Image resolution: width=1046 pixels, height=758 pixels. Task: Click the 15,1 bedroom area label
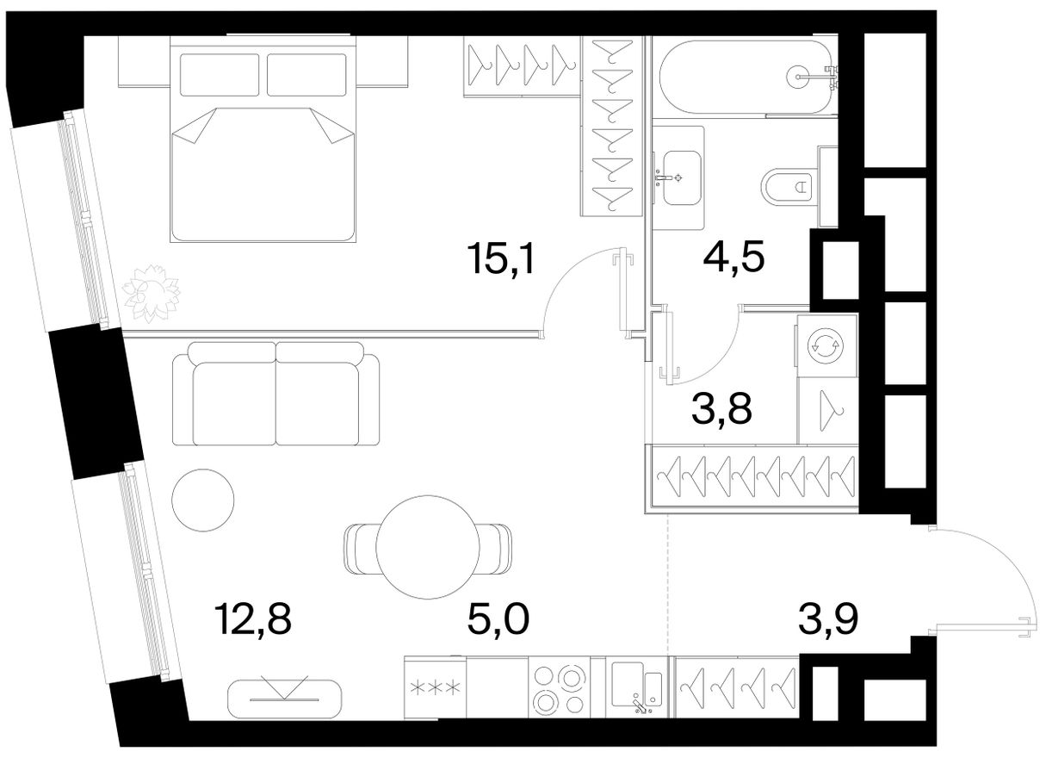point(503,260)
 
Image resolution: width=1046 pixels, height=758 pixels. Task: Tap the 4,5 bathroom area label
point(733,257)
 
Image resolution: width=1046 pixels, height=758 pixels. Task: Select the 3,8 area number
point(721,408)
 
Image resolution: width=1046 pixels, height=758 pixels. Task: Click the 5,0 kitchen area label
point(498,618)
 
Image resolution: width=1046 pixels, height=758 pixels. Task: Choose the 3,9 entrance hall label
point(828,618)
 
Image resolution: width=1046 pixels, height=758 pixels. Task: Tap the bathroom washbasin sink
point(682,177)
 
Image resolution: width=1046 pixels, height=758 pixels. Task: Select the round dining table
point(428,547)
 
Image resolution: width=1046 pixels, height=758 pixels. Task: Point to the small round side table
point(203,500)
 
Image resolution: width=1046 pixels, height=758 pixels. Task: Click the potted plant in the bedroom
point(151,294)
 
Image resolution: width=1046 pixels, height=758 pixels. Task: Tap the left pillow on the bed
point(220,75)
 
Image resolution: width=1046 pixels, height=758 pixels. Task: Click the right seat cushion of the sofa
point(318,403)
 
